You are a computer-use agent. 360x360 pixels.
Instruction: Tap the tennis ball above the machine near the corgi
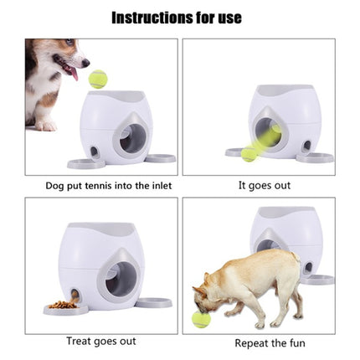98,80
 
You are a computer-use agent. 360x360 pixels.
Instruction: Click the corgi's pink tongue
75,75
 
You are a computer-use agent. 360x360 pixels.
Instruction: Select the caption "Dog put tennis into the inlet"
97,185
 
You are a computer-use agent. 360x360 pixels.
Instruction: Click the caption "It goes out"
264,185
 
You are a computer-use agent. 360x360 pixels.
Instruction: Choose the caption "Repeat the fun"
270,342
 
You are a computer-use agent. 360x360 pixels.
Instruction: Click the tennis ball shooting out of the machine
250,154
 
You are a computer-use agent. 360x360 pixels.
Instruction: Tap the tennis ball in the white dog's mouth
202,319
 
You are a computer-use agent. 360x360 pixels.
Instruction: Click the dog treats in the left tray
64,305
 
